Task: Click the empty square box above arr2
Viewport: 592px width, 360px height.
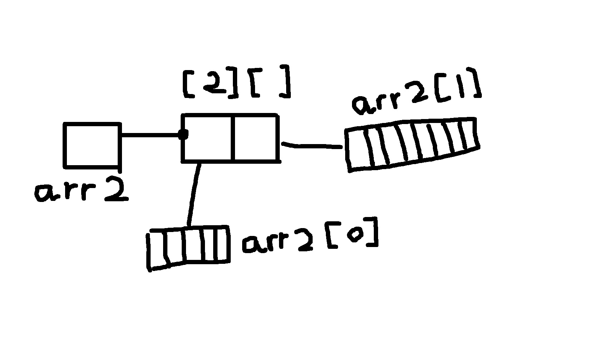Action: click(92, 146)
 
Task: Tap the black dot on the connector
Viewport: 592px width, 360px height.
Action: click(183, 134)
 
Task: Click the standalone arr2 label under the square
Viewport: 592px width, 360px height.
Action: click(82, 189)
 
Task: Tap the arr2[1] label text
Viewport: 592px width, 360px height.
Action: click(416, 91)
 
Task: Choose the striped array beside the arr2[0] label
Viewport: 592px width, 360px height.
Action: click(188, 248)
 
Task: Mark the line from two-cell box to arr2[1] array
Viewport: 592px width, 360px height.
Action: click(312, 145)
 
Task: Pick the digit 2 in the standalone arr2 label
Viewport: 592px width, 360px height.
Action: click(117, 189)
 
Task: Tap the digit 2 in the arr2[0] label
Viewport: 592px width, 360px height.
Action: click(304, 240)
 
